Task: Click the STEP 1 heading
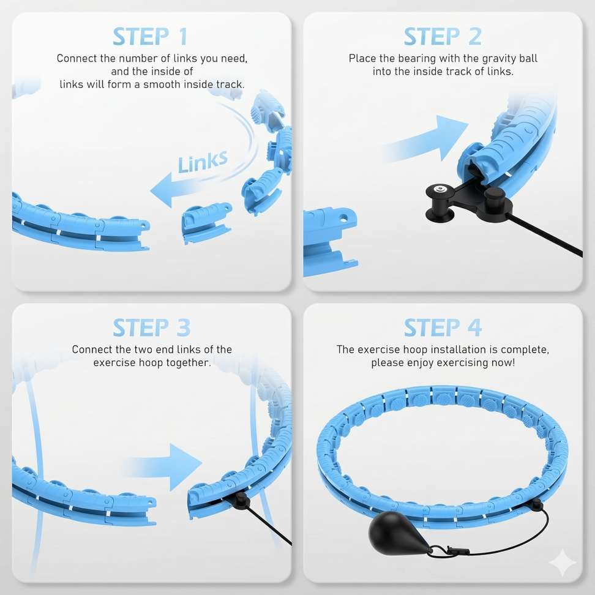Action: point(150,37)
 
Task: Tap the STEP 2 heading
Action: point(443,37)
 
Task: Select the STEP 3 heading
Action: point(151,327)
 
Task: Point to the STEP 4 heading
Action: point(443,327)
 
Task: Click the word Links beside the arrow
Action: point(203,162)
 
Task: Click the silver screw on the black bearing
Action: point(441,188)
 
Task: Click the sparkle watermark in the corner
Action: point(563,563)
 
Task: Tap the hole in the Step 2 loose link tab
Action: point(343,218)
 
